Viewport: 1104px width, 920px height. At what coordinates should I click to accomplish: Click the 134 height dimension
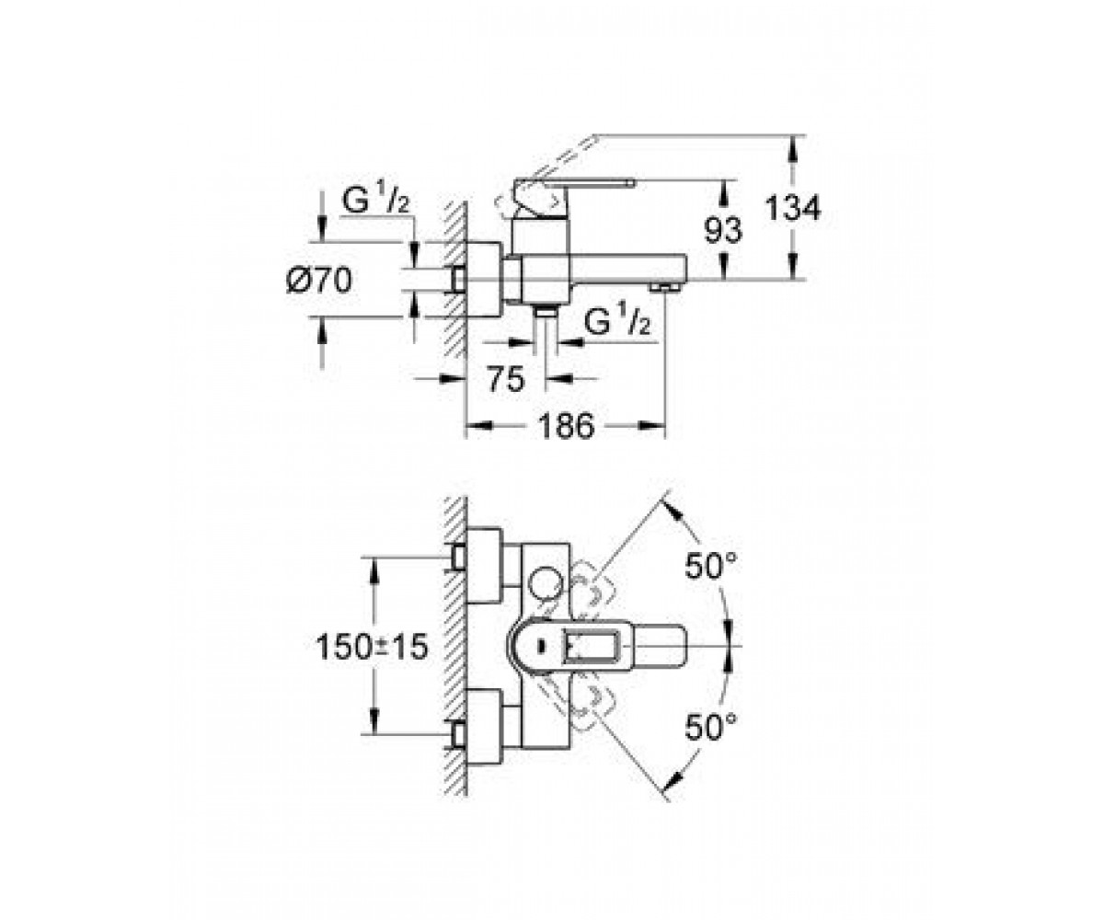(x=793, y=208)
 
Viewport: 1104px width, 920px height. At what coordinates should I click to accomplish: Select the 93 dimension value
(x=723, y=231)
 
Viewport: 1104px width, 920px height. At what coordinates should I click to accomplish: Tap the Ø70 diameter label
(x=319, y=280)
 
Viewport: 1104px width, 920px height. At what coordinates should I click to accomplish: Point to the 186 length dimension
(x=567, y=426)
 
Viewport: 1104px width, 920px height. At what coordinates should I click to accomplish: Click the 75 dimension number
(x=506, y=378)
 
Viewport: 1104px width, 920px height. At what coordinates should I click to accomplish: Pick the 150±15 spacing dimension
(x=371, y=647)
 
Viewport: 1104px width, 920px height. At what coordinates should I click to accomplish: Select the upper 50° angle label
(x=710, y=567)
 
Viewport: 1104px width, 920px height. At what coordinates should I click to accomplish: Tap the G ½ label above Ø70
(x=376, y=201)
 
